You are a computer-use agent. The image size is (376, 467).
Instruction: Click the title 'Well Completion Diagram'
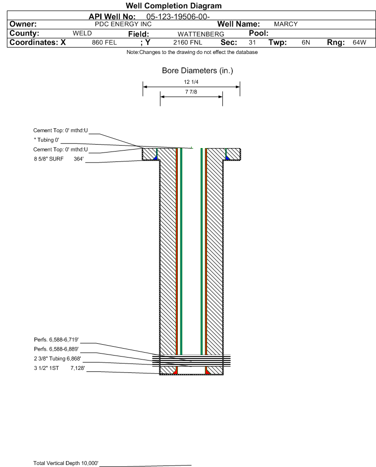(x=174, y=5)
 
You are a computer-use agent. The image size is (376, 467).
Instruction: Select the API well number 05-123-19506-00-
(x=178, y=17)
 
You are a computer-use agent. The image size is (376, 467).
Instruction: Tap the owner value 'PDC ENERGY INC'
(x=123, y=24)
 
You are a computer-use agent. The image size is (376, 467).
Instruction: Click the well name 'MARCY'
(x=286, y=24)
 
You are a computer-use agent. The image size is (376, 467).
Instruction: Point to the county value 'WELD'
(x=82, y=33)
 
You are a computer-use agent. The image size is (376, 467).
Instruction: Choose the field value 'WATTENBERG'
(x=201, y=34)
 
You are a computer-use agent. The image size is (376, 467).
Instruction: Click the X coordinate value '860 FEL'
(x=104, y=43)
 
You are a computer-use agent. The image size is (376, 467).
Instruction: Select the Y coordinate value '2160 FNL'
(x=188, y=43)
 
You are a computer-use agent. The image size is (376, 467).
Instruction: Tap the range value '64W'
(x=359, y=42)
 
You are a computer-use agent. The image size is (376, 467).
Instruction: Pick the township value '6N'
(x=306, y=42)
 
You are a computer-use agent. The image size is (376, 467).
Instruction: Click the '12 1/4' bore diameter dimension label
(x=191, y=82)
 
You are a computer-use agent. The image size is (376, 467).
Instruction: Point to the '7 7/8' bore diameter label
(x=191, y=92)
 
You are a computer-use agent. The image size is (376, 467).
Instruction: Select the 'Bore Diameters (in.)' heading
(x=198, y=71)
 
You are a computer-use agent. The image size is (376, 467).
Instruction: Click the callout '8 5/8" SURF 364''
(x=58, y=159)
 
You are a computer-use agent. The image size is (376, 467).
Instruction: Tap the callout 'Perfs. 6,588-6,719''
(x=56, y=340)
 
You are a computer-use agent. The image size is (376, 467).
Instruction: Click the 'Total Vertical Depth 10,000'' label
(x=66, y=463)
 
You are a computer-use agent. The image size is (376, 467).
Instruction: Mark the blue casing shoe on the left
(x=156, y=157)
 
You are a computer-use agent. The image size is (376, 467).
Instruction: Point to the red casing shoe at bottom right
(x=208, y=371)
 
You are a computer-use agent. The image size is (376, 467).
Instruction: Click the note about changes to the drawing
(x=192, y=52)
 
